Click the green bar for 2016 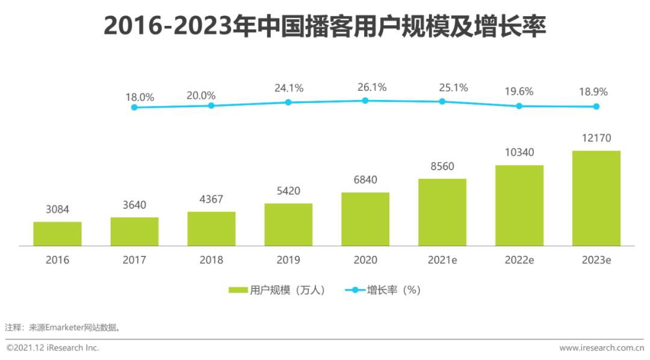pyautogui.click(x=57, y=234)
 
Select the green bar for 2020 pyautogui.click(x=365, y=219)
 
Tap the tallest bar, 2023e pyautogui.click(x=596, y=198)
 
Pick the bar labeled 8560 pyautogui.click(x=442, y=212)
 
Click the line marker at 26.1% pyautogui.click(x=365, y=101)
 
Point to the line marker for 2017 pyautogui.click(x=134, y=107)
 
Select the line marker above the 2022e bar pyautogui.click(x=519, y=106)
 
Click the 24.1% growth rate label pyautogui.click(x=289, y=88)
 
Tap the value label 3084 pyautogui.click(x=57, y=209)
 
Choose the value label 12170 pyautogui.click(x=596, y=138)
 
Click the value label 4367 pyautogui.click(x=211, y=200)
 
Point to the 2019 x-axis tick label pyautogui.click(x=288, y=260)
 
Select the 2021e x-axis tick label pyautogui.click(x=442, y=260)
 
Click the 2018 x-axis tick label pyautogui.click(x=211, y=260)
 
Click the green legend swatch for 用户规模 pyautogui.click(x=238, y=290)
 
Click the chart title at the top pyautogui.click(x=324, y=26)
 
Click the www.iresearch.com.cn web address pyautogui.click(x=601, y=348)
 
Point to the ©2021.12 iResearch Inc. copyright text pyautogui.click(x=52, y=348)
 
